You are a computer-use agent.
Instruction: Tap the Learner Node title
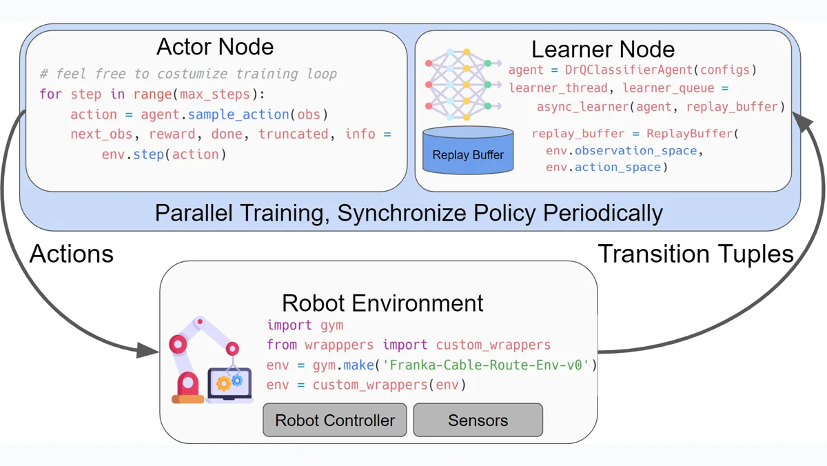[x=603, y=49]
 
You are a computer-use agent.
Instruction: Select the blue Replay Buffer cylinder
[x=468, y=150]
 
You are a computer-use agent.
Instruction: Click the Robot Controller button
[x=335, y=420]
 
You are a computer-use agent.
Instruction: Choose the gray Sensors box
[x=478, y=420]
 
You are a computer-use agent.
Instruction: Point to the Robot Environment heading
[x=382, y=303]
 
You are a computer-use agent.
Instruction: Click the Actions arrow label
[x=71, y=254]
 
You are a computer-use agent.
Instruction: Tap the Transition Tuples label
[x=695, y=254]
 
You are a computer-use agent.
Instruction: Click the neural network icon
[x=463, y=85]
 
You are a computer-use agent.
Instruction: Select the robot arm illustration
[x=188, y=359]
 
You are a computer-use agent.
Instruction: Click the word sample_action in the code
[x=238, y=114]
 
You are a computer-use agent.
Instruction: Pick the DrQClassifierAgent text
[x=629, y=70]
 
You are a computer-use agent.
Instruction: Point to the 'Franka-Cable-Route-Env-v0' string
[x=485, y=365]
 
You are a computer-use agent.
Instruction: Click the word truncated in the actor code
[x=293, y=134]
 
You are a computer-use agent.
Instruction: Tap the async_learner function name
[x=583, y=107]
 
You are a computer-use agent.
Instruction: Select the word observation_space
[x=635, y=151]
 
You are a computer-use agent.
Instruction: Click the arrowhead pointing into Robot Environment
[x=147, y=350]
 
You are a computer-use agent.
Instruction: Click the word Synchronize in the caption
[x=402, y=213]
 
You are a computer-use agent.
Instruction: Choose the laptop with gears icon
[x=229, y=385]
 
